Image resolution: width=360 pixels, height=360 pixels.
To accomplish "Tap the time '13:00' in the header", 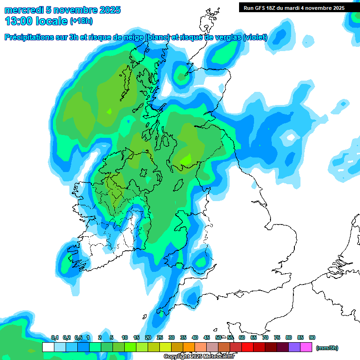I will click(18, 21).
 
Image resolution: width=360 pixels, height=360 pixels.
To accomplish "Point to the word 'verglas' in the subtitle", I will click(227, 37).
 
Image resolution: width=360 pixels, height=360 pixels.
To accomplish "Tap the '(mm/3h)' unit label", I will click(327, 348).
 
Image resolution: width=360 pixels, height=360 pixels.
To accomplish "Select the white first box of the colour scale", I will click(48, 347).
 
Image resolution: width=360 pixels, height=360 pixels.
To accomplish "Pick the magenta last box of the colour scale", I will click(306, 347).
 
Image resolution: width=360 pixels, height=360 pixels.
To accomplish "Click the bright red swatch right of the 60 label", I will click(247, 347).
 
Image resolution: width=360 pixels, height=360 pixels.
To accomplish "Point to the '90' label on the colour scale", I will click(312, 337).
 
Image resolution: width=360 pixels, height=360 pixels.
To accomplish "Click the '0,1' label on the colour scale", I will click(54, 337).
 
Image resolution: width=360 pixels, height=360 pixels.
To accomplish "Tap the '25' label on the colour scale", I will click(160, 337).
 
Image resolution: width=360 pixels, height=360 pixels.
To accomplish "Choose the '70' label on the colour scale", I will click(265, 337).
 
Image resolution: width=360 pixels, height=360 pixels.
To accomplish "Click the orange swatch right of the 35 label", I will click(189, 347).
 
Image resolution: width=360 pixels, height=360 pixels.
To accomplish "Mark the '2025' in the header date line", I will click(106, 10).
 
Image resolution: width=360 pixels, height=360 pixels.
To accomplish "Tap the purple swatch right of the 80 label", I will click(294, 347).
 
